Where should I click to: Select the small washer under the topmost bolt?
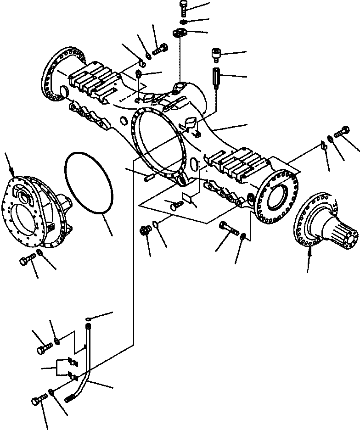click(183, 22)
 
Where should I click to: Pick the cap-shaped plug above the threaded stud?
click(216, 55)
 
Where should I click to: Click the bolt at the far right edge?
click(342, 132)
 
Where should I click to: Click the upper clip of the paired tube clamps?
click(70, 362)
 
